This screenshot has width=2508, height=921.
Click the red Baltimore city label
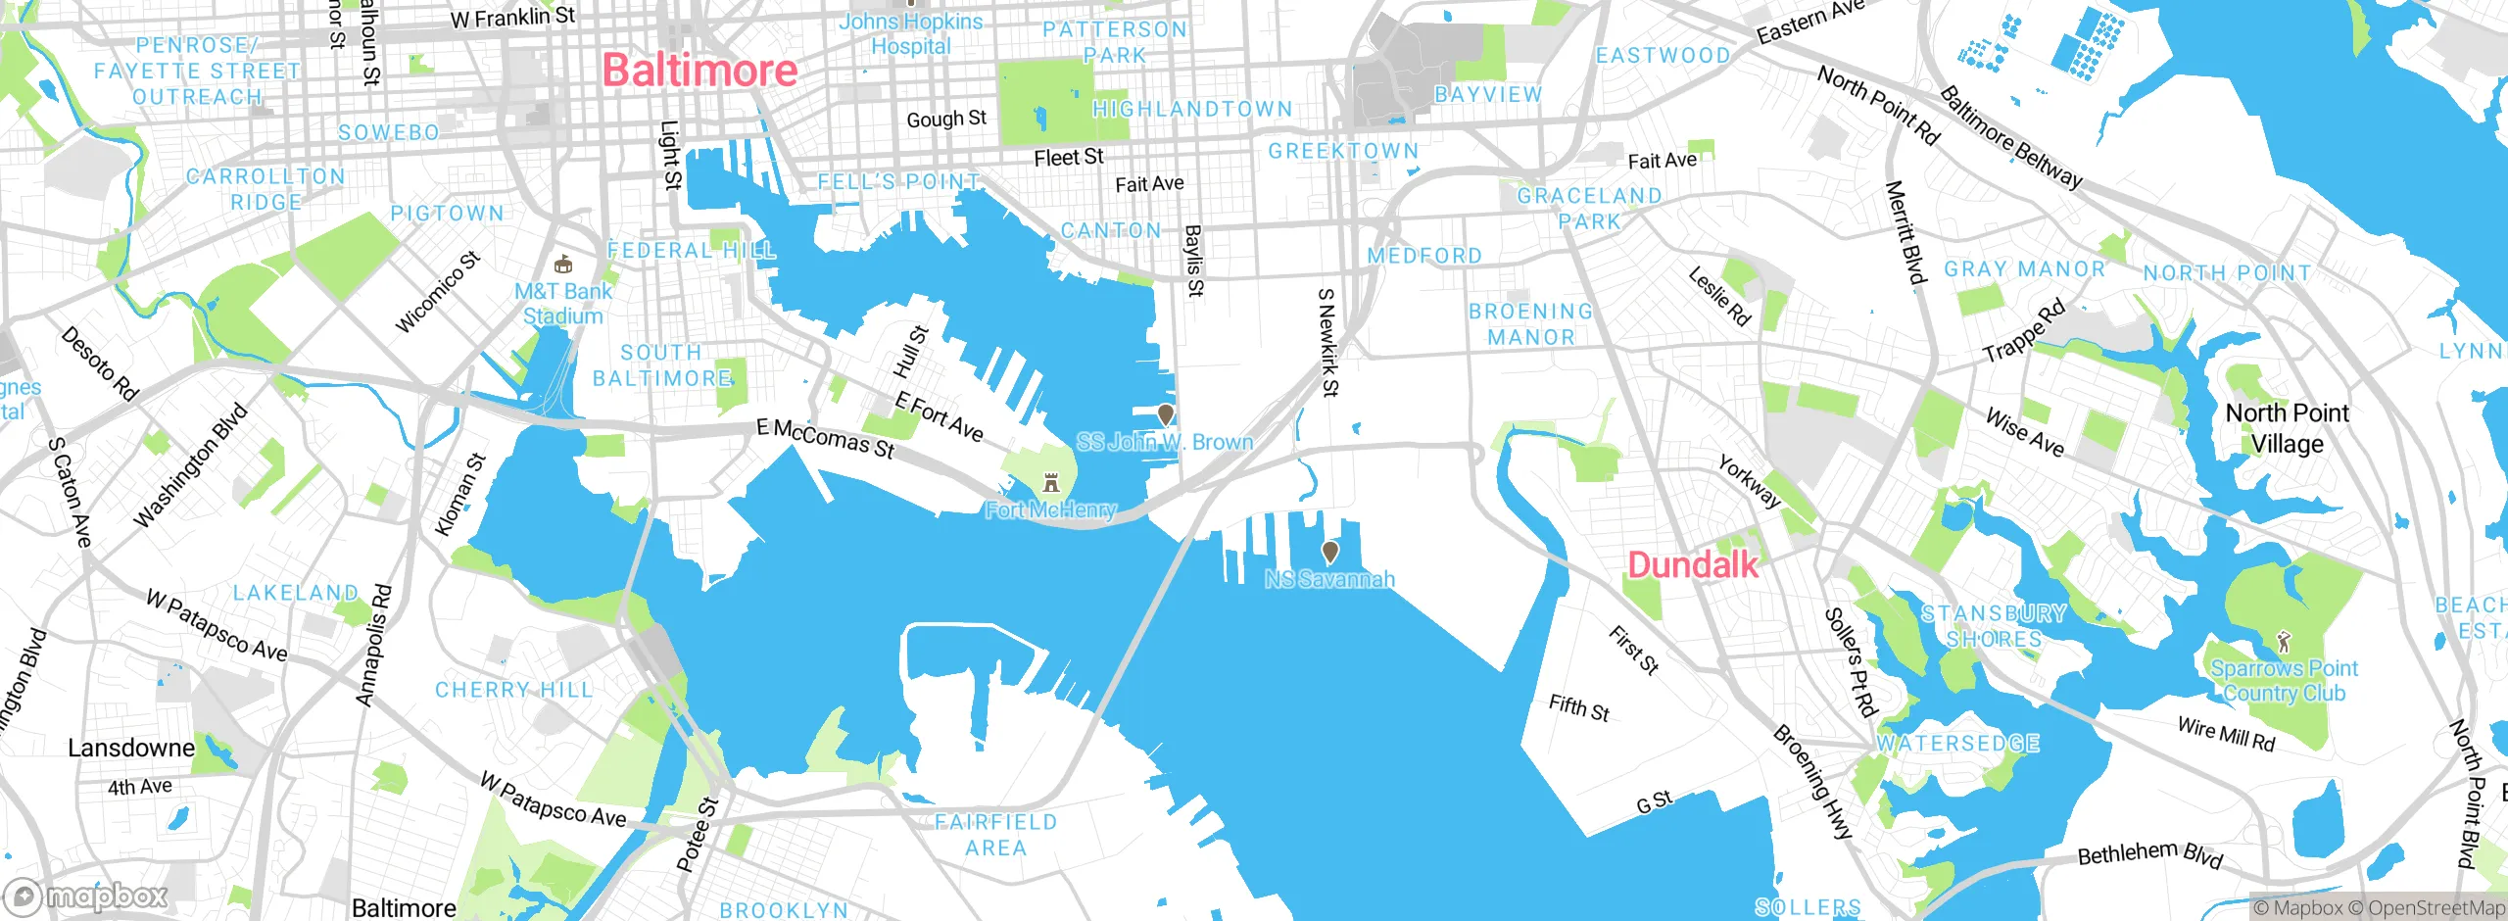[699, 71]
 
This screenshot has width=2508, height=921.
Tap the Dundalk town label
[1692, 565]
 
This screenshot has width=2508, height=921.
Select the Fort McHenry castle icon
[1051, 482]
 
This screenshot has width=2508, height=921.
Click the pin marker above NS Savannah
[1329, 552]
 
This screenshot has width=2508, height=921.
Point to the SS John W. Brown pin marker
[1165, 414]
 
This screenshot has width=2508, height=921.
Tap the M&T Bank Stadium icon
[562, 265]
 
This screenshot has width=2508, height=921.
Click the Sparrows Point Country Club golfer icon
[2285, 642]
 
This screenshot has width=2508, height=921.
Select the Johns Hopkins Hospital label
[910, 34]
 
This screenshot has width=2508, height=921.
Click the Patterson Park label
[1115, 42]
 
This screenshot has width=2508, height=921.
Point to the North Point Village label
[2287, 428]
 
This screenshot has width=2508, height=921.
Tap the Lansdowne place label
[131, 748]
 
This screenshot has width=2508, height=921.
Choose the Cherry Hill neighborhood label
[513, 690]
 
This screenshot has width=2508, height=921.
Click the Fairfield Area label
[995, 835]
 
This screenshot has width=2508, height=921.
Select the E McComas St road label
[825, 438]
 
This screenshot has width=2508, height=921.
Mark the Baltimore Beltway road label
[2010, 137]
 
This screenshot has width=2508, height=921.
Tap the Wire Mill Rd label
[2226, 734]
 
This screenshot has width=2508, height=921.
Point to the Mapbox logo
[86, 896]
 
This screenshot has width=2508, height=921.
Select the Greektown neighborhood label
[1343, 151]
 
